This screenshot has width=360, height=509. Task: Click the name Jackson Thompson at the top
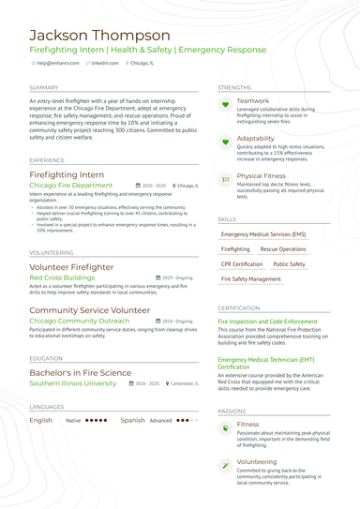click(94, 37)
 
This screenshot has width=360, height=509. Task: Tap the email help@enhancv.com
click(57, 63)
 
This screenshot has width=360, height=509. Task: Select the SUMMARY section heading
click(44, 87)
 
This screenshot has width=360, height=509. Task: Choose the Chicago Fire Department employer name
click(71, 186)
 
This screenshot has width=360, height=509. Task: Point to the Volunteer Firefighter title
click(71, 267)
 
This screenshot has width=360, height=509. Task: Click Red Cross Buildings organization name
click(62, 277)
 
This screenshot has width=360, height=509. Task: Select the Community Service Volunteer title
click(89, 309)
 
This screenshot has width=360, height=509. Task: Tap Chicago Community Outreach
click(80, 321)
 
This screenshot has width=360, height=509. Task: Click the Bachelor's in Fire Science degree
click(81, 372)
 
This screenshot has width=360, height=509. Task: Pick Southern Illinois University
click(73, 383)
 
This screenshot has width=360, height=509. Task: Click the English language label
click(40, 421)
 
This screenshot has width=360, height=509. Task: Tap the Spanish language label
click(132, 421)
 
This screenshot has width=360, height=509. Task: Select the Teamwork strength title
click(252, 100)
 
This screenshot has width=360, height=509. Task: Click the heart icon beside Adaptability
click(225, 142)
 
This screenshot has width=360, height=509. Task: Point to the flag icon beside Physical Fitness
click(225, 179)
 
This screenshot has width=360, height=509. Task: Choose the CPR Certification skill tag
click(241, 264)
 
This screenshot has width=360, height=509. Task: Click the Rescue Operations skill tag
click(282, 249)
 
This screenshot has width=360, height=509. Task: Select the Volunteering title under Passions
click(256, 461)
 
